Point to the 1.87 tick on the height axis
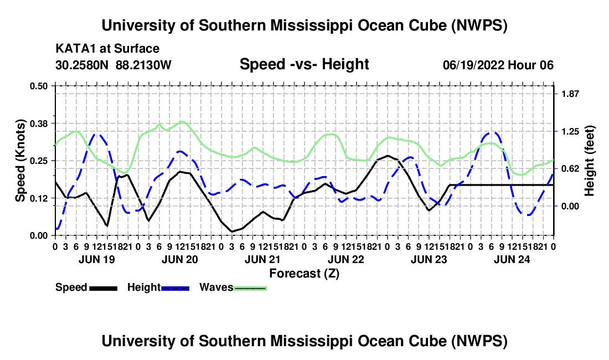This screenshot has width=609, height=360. tap(570, 94)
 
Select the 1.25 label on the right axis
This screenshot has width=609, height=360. tap(570, 131)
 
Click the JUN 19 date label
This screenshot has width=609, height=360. tap(97, 259)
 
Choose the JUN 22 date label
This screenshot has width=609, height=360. tap(345, 259)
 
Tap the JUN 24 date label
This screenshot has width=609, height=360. tap(512, 259)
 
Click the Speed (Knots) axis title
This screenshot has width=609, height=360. tap(20, 161)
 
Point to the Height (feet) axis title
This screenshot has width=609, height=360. tap(589, 161)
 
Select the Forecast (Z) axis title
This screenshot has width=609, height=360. tap(304, 274)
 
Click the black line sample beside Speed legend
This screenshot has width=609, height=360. tap(104, 288)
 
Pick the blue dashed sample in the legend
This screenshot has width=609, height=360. tap(176, 288)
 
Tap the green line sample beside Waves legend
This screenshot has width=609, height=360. tap(250, 288)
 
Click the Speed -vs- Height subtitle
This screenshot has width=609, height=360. tap(304, 64)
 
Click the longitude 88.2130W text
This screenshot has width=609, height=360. tap(143, 65)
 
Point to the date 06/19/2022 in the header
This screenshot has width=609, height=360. tap(473, 65)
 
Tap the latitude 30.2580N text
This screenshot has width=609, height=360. tap(82, 65)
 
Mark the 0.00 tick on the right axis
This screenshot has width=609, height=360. tap(570, 206)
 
